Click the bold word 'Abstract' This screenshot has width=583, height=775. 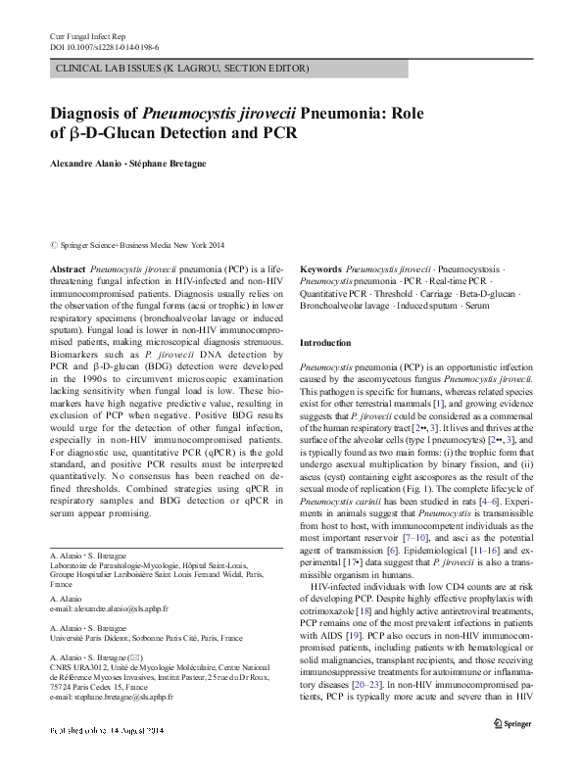(x=67, y=267)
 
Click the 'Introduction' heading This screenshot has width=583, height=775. (x=324, y=343)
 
